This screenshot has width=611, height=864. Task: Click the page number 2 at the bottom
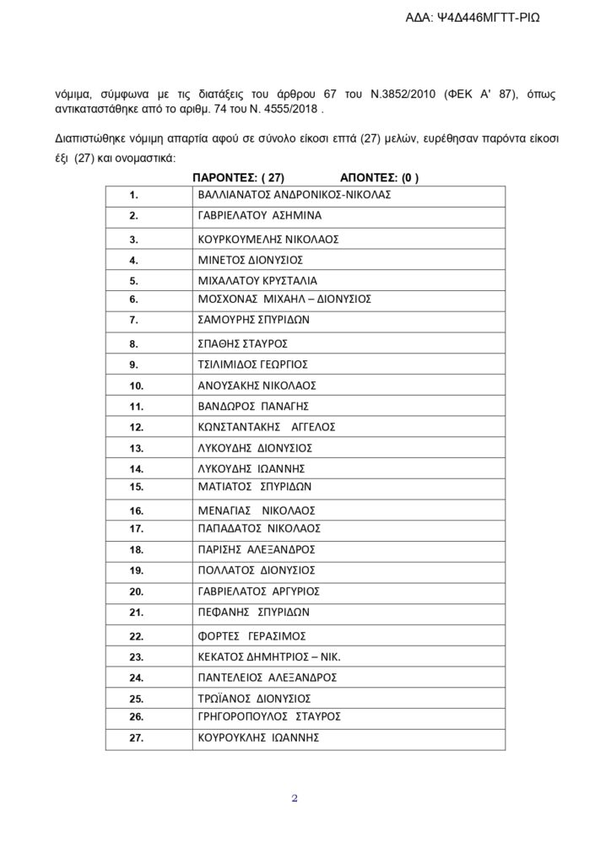[295, 798]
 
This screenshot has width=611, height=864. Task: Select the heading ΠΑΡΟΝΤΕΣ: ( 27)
[239, 177]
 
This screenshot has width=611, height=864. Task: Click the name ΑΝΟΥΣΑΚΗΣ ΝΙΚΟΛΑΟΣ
[256, 385]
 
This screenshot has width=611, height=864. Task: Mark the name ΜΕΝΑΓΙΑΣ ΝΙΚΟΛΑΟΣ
[256, 510]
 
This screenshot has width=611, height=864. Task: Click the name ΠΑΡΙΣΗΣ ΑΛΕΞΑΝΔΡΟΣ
[257, 549]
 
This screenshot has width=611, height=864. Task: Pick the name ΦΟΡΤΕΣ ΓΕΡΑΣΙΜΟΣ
[250, 635]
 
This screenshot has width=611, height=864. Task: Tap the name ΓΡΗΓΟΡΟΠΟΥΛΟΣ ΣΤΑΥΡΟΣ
[268, 716]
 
